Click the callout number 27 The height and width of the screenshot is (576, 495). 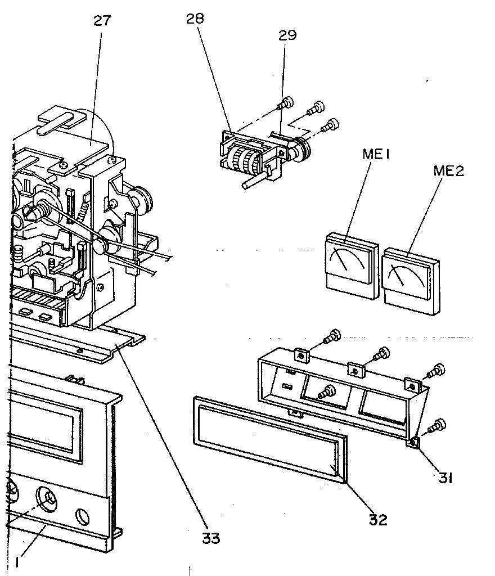tap(102, 21)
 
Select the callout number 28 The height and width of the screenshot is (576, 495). tap(195, 19)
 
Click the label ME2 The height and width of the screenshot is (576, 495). tap(448, 171)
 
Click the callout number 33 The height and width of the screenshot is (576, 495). tap(211, 537)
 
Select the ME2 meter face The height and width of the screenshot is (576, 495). tap(406, 277)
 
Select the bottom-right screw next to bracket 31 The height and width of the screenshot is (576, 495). tap(437, 426)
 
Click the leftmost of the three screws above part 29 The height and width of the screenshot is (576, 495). tap(286, 103)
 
